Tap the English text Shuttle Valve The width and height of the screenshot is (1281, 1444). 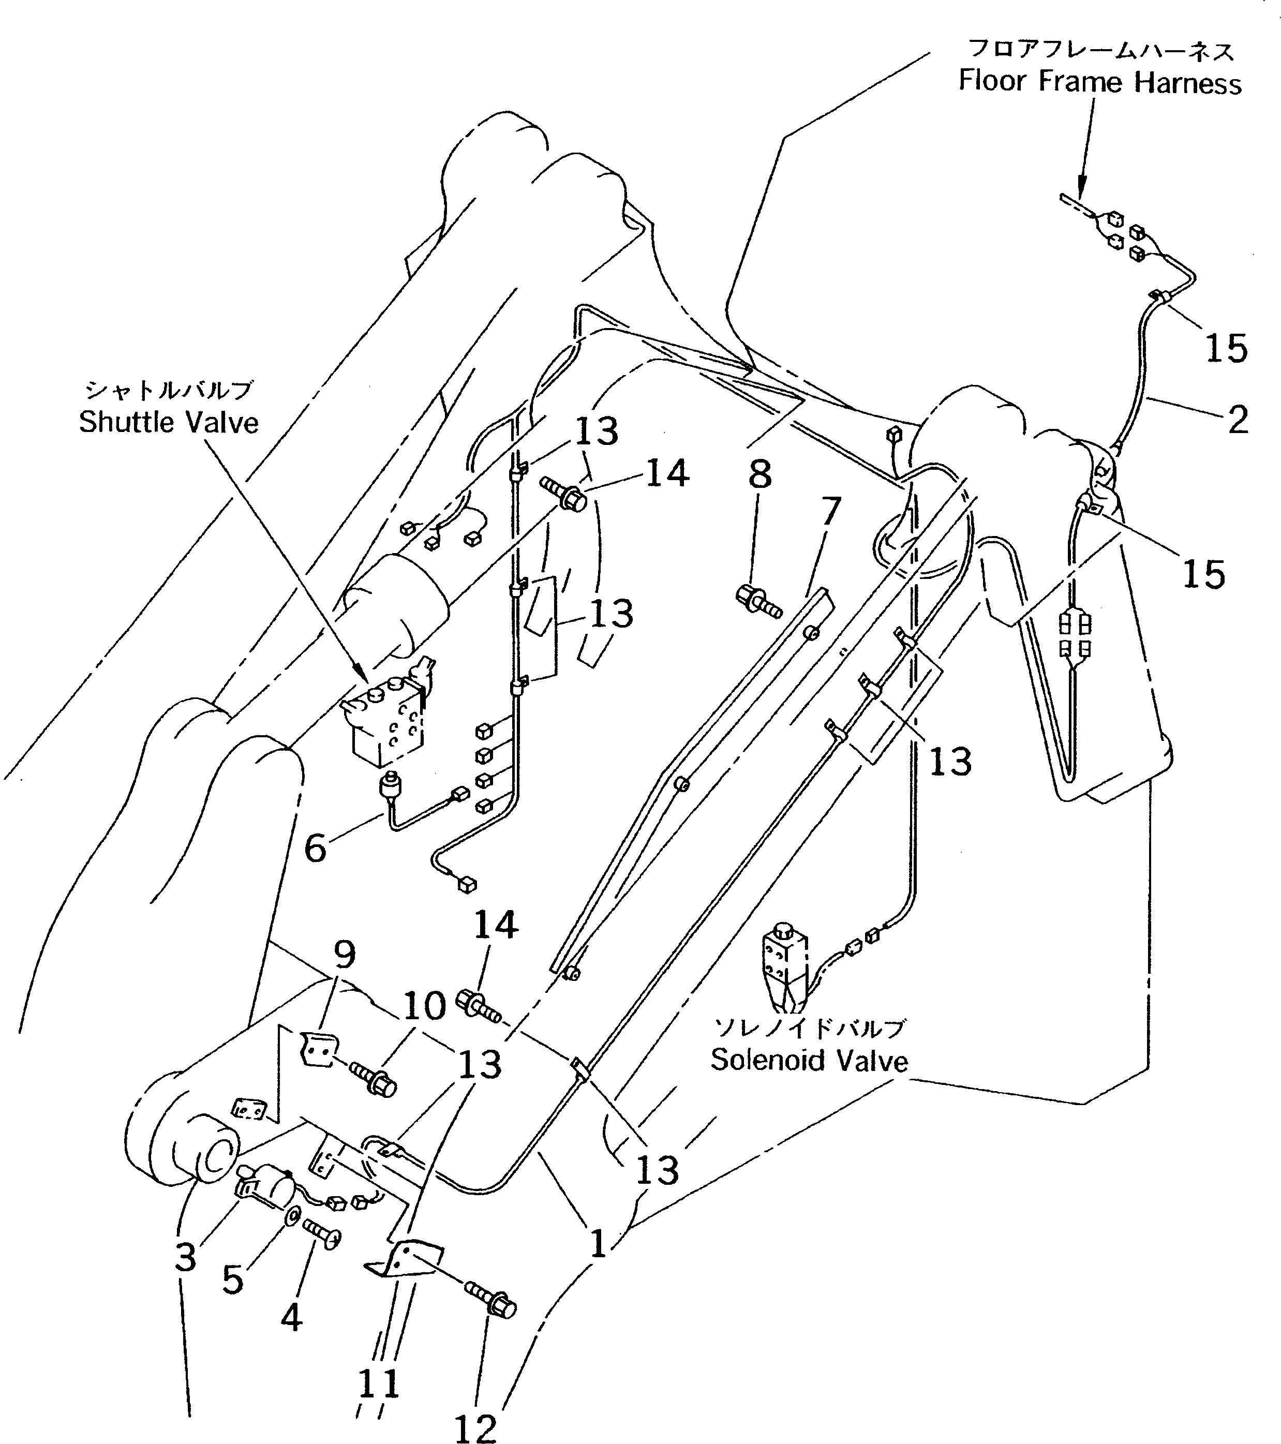coord(168,423)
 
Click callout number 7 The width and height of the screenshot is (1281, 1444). coord(831,510)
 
